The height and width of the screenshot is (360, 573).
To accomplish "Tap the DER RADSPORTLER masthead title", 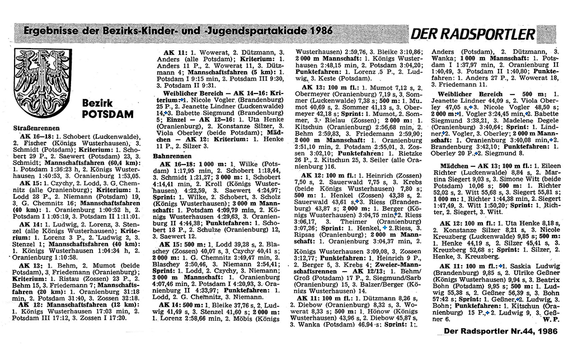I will [473, 35].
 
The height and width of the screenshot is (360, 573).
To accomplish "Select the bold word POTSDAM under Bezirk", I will [107, 114].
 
